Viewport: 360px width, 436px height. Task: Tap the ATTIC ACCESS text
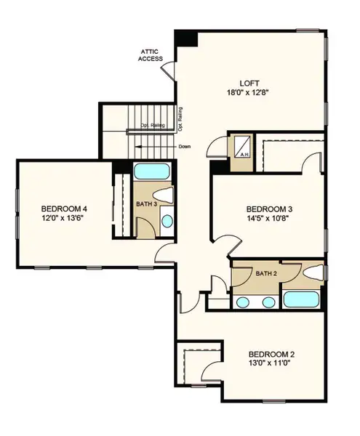[152, 55]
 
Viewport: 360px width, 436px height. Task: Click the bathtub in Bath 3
[151, 174]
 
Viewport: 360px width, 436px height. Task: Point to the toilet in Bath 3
[167, 195]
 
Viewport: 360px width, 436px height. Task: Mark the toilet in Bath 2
[312, 273]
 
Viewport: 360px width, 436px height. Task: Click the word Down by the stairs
[185, 147]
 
